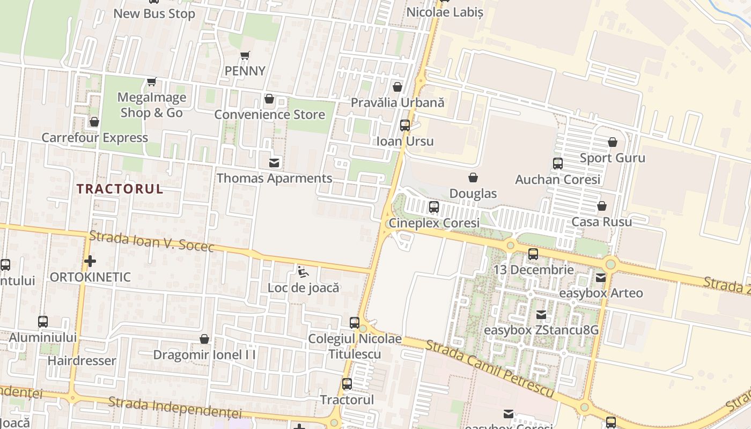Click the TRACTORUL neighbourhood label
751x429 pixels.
(120, 189)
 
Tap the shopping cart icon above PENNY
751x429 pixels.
(245, 55)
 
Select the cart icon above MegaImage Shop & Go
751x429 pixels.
(152, 82)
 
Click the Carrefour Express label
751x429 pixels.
(95, 138)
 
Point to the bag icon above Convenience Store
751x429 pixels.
(269, 99)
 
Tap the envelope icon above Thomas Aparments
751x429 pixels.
(274, 163)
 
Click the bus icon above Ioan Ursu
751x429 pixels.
(405, 125)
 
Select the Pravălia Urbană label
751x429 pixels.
(397, 102)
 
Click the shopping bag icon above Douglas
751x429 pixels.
(473, 177)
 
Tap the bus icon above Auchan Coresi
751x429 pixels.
(558, 164)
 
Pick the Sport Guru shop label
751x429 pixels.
(613, 158)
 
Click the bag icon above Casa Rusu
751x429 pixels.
(602, 206)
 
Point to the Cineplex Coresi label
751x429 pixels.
(434, 223)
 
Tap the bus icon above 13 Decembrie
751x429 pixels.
(533, 254)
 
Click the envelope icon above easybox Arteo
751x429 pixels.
(601, 278)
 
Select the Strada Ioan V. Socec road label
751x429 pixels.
(152, 241)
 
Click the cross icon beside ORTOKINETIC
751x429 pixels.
(90, 261)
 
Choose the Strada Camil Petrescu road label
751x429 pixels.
(489, 368)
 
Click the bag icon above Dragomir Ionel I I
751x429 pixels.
(204, 339)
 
